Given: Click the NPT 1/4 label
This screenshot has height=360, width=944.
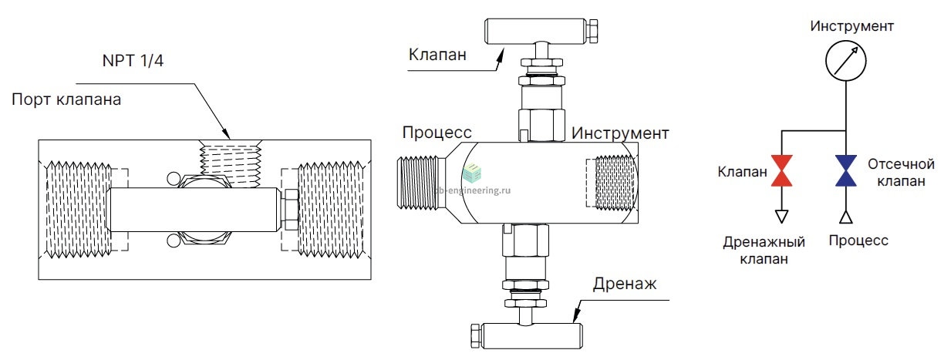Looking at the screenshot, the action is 133,61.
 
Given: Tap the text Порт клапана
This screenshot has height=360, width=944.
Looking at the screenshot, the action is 66,99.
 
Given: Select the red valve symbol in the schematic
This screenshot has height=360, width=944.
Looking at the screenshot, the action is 782,170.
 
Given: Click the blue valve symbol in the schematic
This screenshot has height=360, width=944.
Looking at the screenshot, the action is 846,170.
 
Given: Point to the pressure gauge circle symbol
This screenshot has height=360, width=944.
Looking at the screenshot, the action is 846,41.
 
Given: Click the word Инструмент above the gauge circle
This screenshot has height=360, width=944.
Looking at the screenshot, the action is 851,26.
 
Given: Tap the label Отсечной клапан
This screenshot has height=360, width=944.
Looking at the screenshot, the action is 901,173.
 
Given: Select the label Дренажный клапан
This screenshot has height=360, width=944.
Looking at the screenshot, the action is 764,250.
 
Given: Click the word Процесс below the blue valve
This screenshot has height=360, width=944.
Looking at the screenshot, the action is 858,241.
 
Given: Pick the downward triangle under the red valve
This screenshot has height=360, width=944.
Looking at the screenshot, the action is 782,217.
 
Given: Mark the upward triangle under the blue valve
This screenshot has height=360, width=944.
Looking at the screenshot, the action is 846,217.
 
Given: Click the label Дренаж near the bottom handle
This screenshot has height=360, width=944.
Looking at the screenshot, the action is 625,284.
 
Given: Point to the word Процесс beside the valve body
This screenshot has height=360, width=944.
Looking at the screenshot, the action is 437,133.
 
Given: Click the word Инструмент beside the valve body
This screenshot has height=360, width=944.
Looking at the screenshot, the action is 620,133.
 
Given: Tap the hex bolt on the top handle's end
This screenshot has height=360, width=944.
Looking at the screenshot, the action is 593,31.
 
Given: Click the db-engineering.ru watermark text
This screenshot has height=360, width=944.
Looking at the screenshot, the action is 473,190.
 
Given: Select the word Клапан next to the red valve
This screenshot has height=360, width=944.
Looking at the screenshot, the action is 742,172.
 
